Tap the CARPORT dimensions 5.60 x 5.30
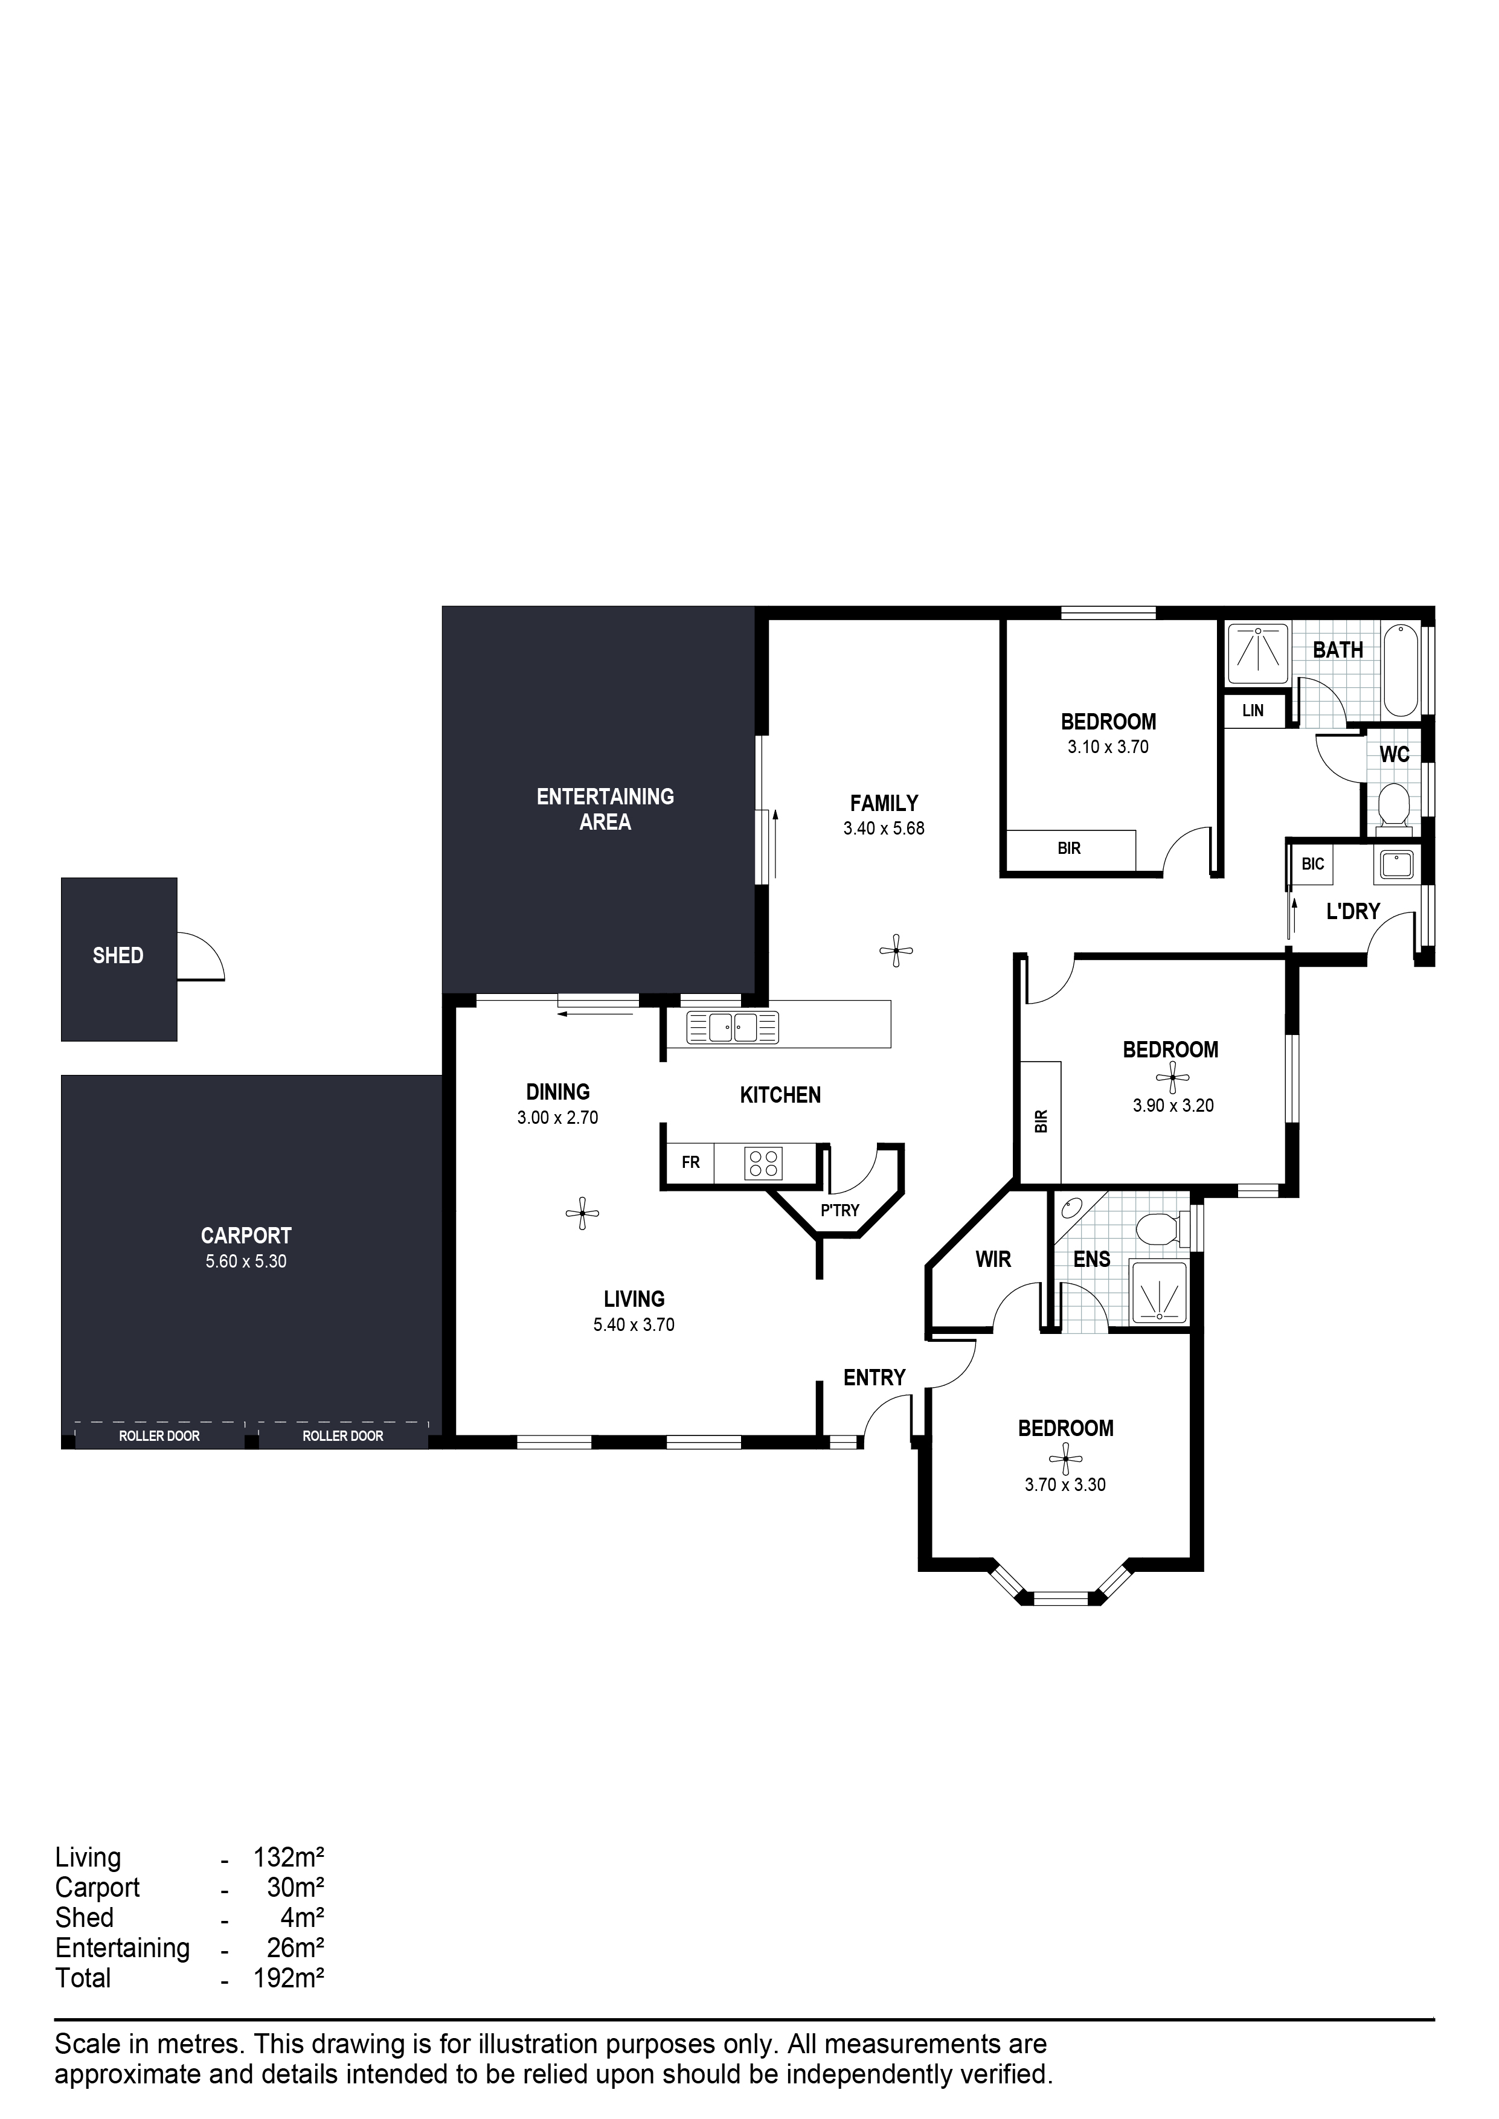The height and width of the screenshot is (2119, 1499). tap(246, 1261)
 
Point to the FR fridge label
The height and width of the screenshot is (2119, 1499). tap(690, 1163)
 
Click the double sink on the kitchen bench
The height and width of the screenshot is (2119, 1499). tap(732, 1027)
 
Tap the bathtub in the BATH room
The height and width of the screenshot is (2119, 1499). tap(1401, 670)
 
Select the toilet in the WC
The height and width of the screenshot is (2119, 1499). tap(1393, 805)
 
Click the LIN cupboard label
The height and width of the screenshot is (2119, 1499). tap(1253, 711)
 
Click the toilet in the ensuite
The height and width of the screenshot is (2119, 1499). tap(1158, 1229)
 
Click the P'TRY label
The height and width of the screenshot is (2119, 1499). tap(840, 1210)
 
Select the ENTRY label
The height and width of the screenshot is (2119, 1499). tap(874, 1378)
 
